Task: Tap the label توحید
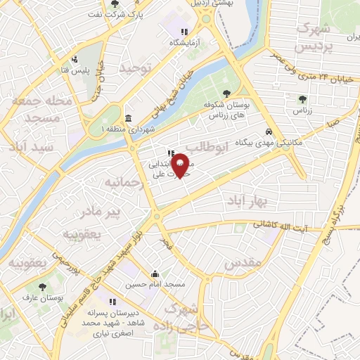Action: [136, 69]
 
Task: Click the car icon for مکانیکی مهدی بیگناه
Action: [270, 131]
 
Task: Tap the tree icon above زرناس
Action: [303, 99]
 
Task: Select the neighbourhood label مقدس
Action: [243, 263]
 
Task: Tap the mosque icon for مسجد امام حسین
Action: [155, 274]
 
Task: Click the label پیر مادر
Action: [103, 210]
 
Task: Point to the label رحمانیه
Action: [123, 183]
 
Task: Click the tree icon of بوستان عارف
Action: [43, 287]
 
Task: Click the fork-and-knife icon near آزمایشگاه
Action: [184, 32]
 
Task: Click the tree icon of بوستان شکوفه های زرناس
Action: [226, 93]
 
